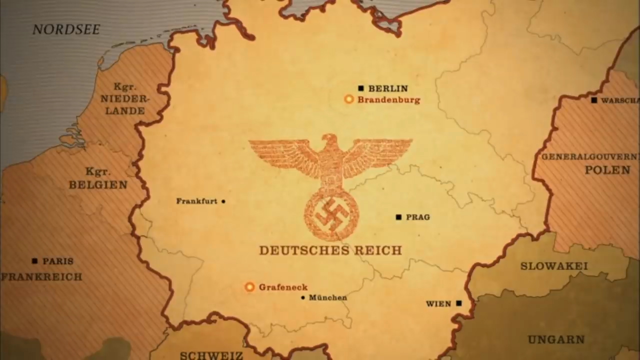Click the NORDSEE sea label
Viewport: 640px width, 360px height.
[66, 29]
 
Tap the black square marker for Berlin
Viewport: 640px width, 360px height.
[361, 88]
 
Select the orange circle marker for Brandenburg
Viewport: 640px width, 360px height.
[349, 99]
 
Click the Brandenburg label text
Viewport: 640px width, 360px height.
[388, 99]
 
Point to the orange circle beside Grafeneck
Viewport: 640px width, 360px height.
[249, 287]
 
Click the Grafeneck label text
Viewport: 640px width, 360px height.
[283, 287]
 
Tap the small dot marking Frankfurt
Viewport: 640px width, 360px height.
[223, 201]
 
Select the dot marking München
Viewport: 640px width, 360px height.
[303, 297]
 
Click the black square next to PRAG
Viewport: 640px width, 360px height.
[398, 217]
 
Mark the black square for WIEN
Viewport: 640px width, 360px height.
[459, 303]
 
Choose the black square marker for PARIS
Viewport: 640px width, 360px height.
[34, 261]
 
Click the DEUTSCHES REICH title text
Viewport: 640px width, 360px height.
[330, 250]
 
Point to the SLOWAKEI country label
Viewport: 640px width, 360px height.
[554, 266]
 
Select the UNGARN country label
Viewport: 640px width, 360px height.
[556, 340]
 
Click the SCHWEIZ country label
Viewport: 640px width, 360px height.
[211, 355]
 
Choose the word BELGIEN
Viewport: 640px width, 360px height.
[98, 185]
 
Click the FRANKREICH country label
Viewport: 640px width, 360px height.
[41, 276]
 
